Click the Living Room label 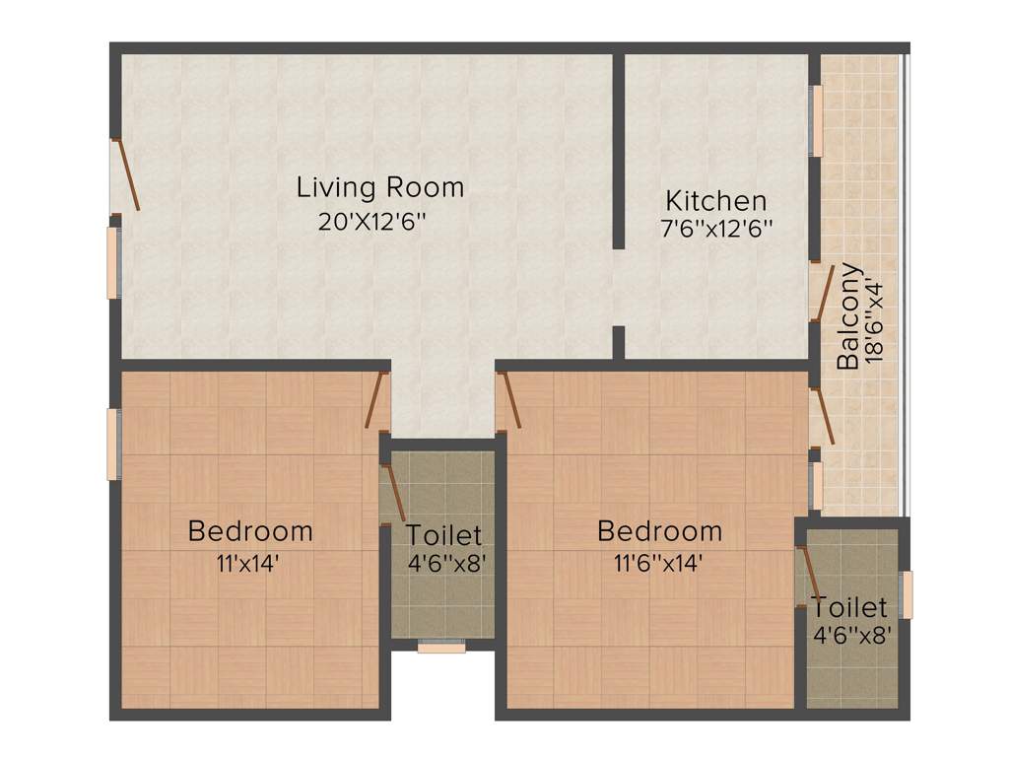click(380, 186)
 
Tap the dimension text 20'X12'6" click(370, 222)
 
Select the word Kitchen click(715, 201)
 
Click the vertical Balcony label click(848, 315)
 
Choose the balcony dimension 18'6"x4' click(875, 321)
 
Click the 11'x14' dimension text click(249, 564)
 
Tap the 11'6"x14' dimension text click(660, 564)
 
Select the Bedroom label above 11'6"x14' click(660, 531)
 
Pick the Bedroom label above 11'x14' click(250, 531)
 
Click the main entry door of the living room click(126, 174)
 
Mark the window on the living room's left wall click(113, 262)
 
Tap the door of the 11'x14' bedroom click(375, 400)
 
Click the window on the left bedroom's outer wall click(113, 444)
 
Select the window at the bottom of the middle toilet click(440, 648)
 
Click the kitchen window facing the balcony click(816, 120)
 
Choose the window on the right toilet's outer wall click(908, 594)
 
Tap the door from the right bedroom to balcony click(823, 416)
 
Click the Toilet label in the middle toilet click(444, 535)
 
